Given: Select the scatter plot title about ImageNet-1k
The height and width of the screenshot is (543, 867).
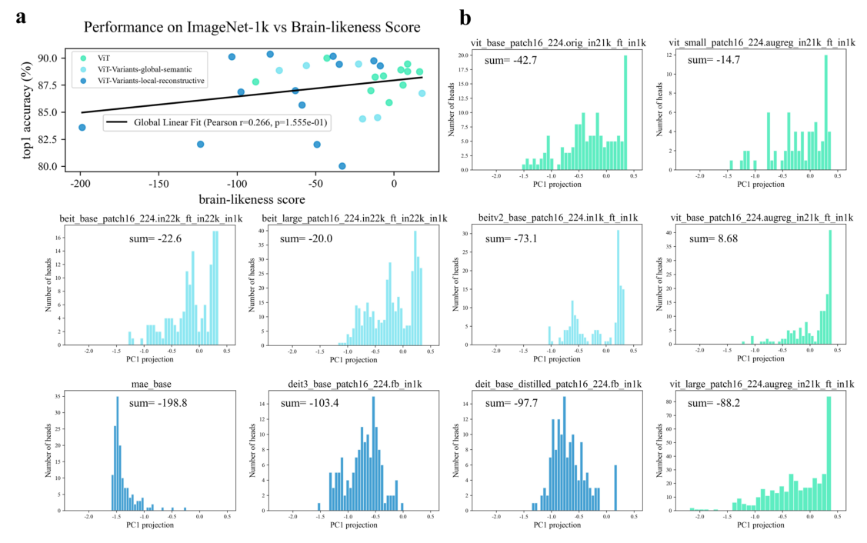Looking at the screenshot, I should pos(252,28).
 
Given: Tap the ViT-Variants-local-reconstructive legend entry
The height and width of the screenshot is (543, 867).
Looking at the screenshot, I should pos(153,82).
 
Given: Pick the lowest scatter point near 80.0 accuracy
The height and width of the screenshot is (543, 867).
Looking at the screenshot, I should pos(342,166).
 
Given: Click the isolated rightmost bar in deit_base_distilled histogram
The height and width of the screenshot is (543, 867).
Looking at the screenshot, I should pos(615,488).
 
